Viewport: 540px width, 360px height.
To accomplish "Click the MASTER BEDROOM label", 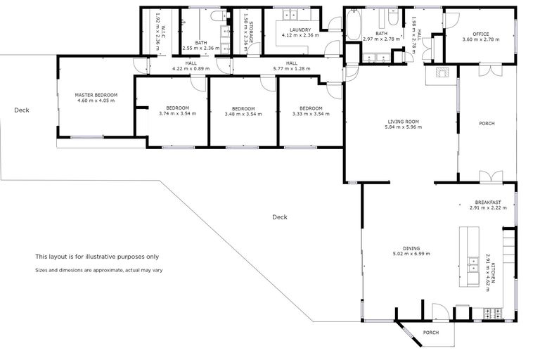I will tap(96, 94).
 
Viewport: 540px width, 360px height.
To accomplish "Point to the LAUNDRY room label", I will tap(300, 30).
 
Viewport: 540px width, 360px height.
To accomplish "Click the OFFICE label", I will tap(481, 34).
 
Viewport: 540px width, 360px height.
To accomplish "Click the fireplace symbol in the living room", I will tap(442, 72).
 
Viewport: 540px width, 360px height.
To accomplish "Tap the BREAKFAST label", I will tap(488, 202).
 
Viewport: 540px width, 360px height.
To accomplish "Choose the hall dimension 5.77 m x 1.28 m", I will tap(292, 68).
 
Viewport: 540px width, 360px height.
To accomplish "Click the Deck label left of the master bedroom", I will tap(21, 110).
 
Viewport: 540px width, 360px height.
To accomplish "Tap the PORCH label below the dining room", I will tap(430, 333).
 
